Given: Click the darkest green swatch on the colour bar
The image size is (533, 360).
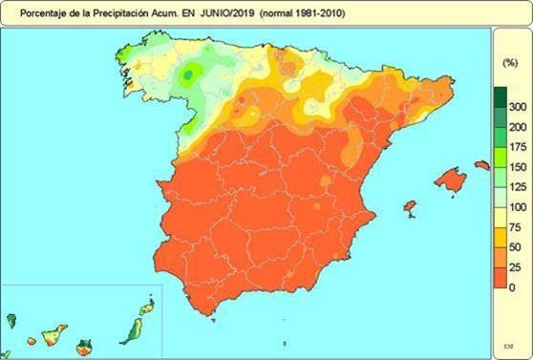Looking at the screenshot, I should [x=500, y=96].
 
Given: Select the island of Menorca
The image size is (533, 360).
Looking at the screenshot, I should [x=482, y=165].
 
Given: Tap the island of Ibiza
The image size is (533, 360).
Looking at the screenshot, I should [x=410, y=206].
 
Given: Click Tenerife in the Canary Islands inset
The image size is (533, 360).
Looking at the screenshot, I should [x=53, y=333].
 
